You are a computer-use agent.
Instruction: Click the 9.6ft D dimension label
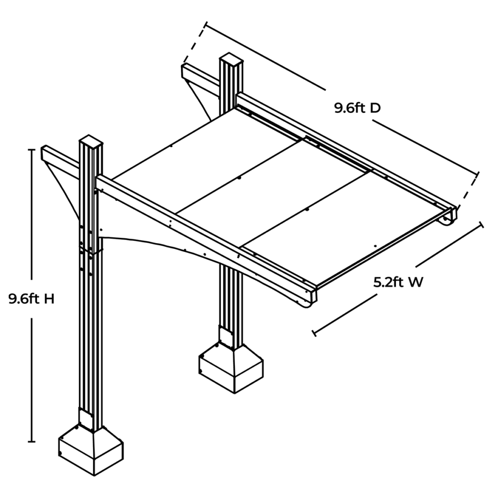357,108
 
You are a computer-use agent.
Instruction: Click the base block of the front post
90,450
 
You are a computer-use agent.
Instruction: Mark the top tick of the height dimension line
32,150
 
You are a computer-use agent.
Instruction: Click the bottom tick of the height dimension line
32,442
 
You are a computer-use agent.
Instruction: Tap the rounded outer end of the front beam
309,298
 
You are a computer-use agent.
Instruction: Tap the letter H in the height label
49,299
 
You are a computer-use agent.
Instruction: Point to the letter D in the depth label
374,108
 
